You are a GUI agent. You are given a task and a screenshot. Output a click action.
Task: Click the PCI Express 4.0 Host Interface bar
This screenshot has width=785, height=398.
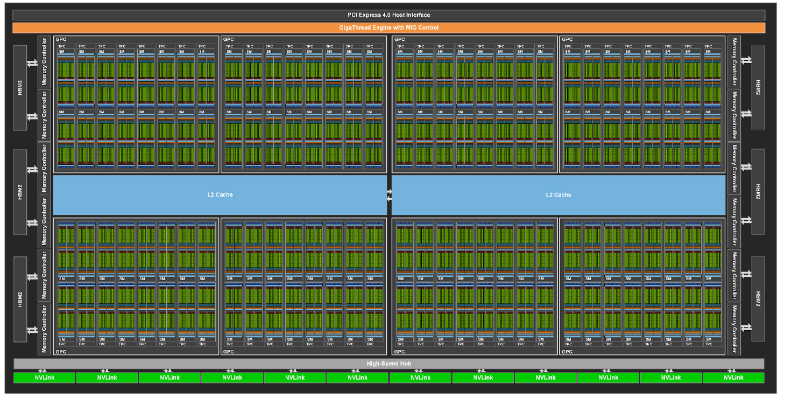(x=388, y=15)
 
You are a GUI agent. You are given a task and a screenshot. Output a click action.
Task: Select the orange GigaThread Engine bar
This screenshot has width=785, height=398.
(x=388, y=27)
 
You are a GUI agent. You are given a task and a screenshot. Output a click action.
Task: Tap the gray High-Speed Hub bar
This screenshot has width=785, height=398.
(x=388, y=364)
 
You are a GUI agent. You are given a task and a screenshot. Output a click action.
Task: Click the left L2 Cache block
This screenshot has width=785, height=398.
(x=220, y=194)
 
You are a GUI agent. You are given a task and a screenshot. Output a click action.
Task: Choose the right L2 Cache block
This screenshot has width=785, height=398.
(x=558, y=194)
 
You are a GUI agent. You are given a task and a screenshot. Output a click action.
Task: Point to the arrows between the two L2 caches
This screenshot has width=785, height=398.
(x=389, y=195)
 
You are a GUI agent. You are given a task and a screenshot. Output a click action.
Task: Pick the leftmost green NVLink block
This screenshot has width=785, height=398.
(x=44, y=378)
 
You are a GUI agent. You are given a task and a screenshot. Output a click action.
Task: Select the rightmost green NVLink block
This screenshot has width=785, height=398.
(x=733, y=378)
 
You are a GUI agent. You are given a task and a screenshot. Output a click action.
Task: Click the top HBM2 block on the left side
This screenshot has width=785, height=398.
(x=20, y=87)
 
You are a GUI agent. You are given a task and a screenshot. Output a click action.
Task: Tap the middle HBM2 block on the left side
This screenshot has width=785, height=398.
(x=20, y=192)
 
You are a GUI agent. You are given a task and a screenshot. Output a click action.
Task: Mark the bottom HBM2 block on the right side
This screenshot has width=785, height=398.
(x=758, y=298)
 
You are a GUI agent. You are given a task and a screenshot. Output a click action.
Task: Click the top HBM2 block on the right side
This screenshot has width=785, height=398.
(x=758, y=87)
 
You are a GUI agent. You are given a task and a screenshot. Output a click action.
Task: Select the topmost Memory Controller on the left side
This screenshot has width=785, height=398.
(x=44, y=61)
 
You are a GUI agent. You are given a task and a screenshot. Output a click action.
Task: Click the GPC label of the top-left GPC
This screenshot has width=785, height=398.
(x=60, y=39)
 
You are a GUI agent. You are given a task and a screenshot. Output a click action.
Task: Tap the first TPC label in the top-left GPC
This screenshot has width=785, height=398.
(x=61, y=46)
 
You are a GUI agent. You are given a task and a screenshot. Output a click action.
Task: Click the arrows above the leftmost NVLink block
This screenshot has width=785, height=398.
(x=43, y=371)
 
